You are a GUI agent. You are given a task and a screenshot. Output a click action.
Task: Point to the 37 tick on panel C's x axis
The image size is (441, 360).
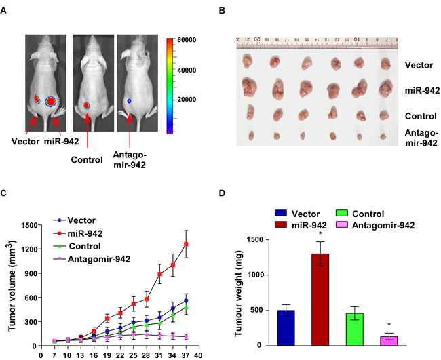[185, 354]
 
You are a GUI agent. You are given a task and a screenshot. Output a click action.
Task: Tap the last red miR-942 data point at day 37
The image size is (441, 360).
[185, 244]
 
